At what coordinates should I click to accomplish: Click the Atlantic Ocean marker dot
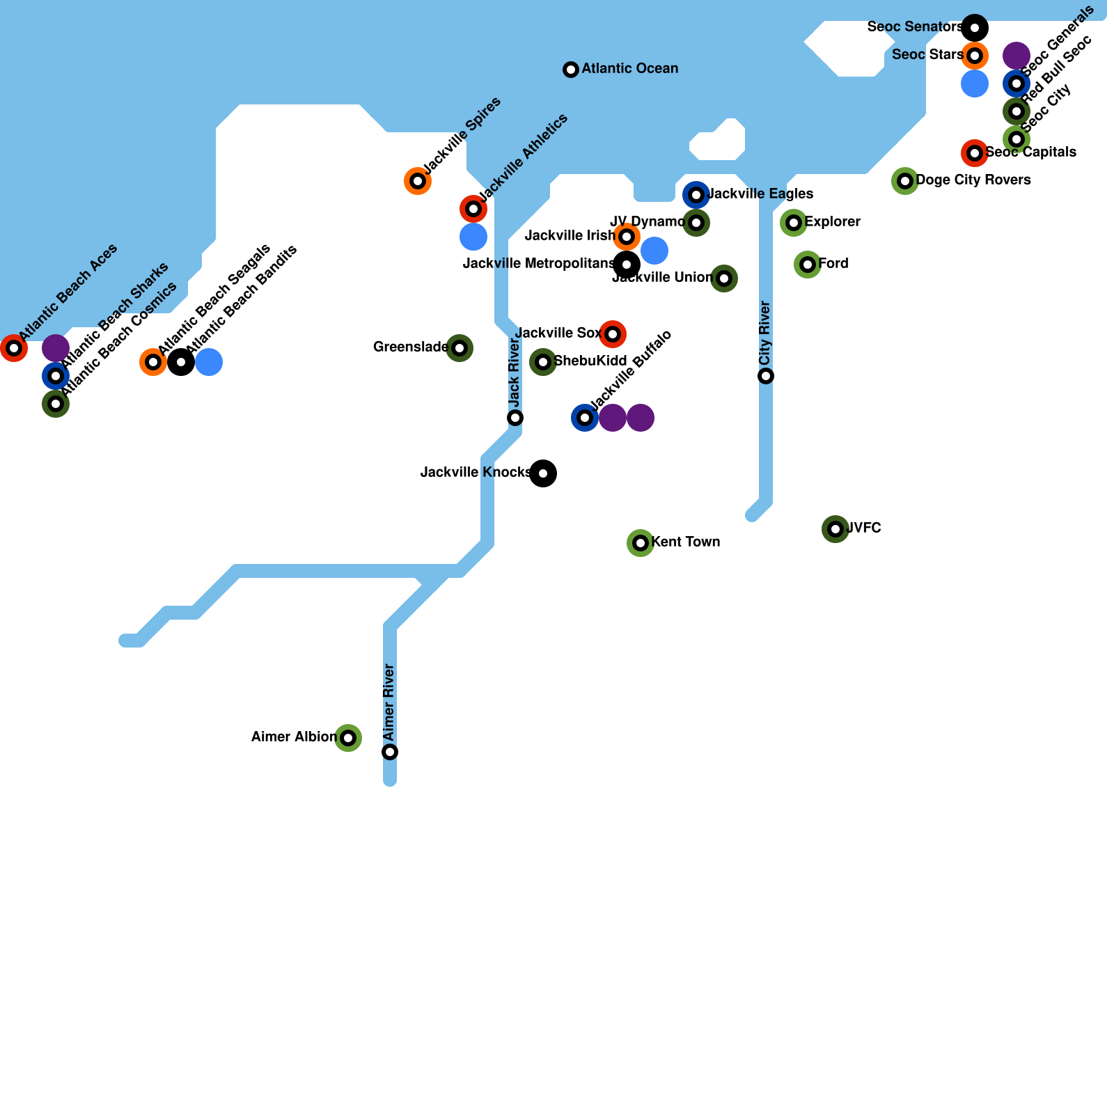(x=571, y=70)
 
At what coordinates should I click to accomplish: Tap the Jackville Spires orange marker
(x=418, y=181)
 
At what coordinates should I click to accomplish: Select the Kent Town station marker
(x=641, y=543)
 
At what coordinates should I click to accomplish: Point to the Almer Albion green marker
(x=348, y=738)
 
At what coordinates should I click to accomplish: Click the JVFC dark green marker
(x=835, y=529)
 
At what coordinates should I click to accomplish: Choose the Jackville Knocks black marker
(x=543, y=473)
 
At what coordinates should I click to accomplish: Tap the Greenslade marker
(x=460, y=348)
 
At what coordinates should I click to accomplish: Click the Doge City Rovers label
(x=973, y=180)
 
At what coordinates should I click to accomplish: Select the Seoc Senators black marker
(x=975, y=28)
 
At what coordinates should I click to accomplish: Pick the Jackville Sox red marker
(x=613, y=334)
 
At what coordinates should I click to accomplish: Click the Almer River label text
(x=389, y=702)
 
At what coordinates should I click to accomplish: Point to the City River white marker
(x=766, y=376)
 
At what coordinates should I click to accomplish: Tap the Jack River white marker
(x=515, y=418)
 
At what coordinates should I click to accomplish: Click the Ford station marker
(x=808, y=265)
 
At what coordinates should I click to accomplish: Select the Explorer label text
(x=832, y=222)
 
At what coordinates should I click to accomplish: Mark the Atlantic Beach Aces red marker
(x=14, y=348)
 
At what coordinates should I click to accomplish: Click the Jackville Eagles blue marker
(x=696, y=195)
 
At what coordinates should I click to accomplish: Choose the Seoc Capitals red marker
(x=975, y=153)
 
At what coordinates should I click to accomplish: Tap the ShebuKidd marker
(x=543, y=362)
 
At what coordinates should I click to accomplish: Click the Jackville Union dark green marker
(x=724, y=278)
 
